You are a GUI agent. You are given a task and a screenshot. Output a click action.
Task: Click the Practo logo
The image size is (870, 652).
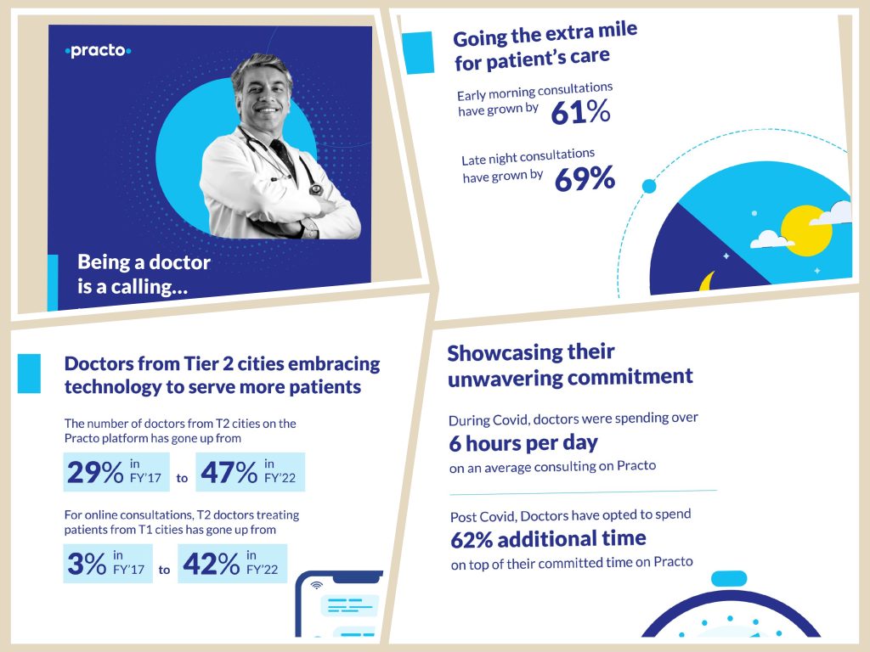(x=99, y=52)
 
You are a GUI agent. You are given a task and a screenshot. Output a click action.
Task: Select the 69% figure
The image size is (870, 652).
(x=585, y=178)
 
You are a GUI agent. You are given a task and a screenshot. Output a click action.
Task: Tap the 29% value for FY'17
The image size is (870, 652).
(x=95, y=472)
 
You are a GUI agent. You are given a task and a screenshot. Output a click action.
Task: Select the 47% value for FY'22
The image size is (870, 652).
(x=229, y=472)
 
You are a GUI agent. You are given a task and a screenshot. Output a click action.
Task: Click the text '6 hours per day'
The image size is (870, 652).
(x=523, y=443)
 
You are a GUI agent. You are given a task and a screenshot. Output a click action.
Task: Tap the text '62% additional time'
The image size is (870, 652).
(x=547, y=539)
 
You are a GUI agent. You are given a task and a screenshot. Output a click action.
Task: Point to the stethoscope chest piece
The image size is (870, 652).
(x=316, y=189)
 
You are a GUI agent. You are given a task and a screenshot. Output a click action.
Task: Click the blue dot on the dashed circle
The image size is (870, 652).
(x=649, y=186)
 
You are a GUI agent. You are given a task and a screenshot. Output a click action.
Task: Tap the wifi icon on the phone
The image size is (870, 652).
(x=317, y=585)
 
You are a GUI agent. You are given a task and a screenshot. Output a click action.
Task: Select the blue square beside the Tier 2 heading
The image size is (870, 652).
(x=29, y=374)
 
